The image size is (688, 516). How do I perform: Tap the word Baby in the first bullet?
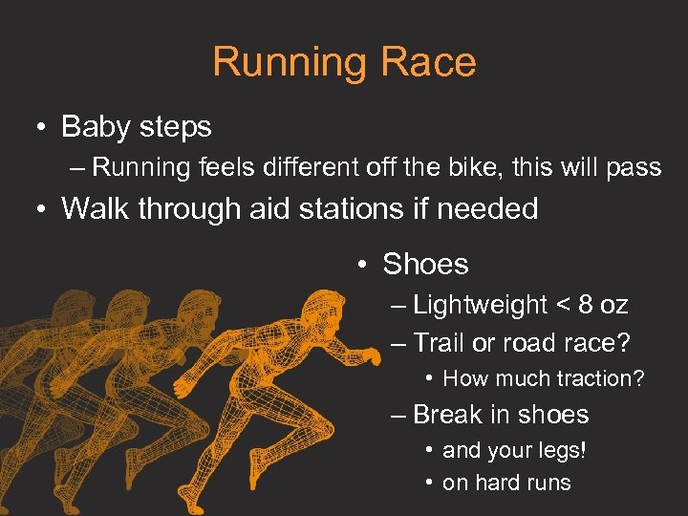(93, 126)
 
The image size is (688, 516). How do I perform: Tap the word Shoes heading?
(425, 265)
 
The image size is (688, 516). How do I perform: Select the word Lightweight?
(481, 305)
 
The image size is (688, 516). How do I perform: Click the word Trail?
(439, 342)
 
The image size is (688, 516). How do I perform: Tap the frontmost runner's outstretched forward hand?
(368, 357)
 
